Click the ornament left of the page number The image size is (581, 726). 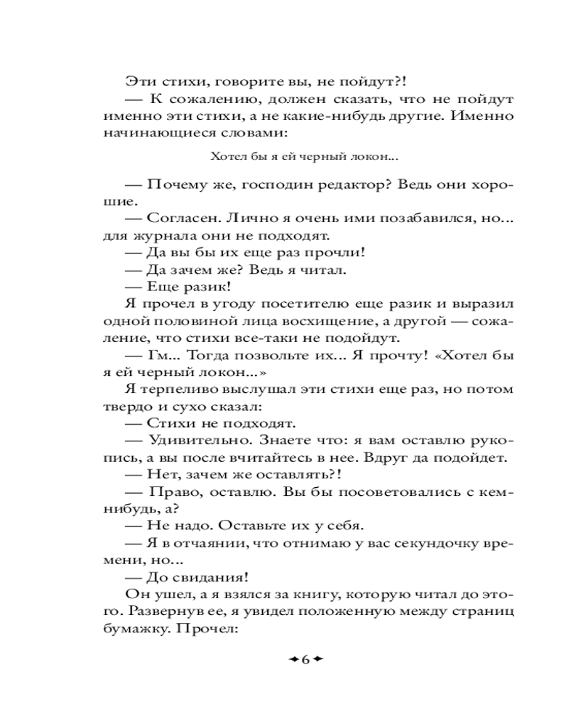click(290, 659)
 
